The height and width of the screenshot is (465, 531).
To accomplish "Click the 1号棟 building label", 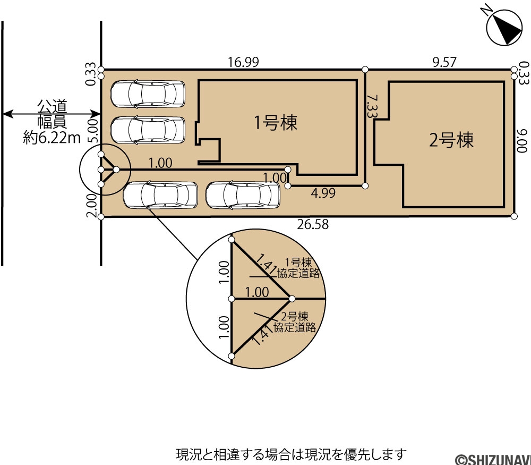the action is tap(276, 122).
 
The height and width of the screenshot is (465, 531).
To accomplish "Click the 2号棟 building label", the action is tap(451, 140).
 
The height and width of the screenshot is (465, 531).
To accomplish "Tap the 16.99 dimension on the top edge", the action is tap(243, 62).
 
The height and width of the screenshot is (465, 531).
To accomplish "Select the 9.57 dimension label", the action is tap(444, 62).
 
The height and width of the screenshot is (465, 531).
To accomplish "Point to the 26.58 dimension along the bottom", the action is tap(313, 224).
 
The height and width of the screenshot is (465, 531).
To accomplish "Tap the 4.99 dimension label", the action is tap(323, 193).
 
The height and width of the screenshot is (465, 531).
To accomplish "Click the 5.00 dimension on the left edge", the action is tap(92, 130).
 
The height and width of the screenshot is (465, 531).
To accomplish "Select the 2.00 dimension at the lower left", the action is tap(92, 207).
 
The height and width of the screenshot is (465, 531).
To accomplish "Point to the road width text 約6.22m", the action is tap(52, 138).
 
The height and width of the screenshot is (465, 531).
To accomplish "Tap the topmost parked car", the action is tap(148, 94).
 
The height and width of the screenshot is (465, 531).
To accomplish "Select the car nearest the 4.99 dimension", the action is tap(243, 195).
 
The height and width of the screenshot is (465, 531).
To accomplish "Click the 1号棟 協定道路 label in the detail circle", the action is tap(298, 268).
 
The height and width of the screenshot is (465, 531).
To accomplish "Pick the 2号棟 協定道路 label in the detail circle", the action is tap(295, 322).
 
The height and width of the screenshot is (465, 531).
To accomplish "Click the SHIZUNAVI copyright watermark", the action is tap(493, 460).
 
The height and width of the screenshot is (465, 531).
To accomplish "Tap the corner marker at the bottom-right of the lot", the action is tap(514, 216).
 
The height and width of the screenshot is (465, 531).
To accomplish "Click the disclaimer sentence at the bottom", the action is tap(291, 453).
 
